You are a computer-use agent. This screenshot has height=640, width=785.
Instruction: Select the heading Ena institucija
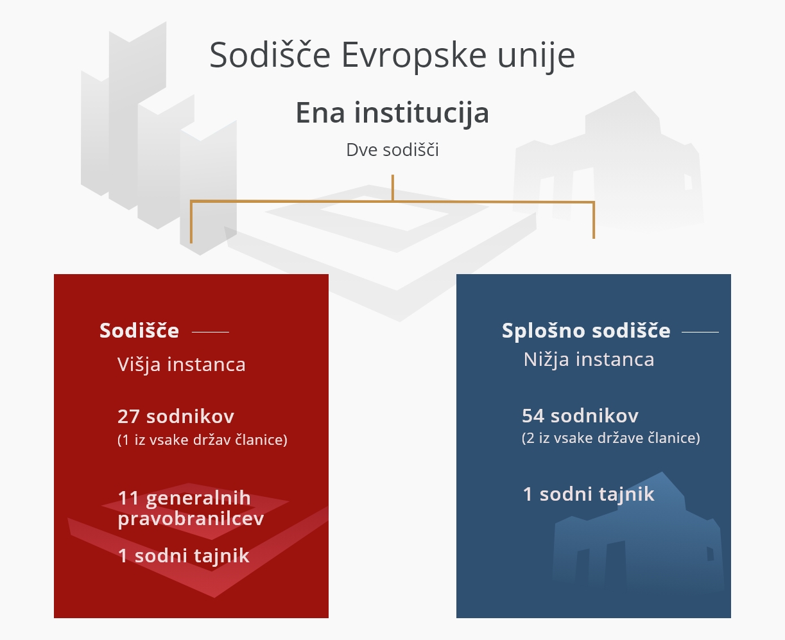392,113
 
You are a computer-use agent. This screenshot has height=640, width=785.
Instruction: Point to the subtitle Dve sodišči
392,150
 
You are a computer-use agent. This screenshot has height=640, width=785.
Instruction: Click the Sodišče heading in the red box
139,331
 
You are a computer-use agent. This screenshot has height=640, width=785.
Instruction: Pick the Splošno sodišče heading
586,331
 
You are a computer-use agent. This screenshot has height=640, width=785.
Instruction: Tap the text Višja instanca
182,365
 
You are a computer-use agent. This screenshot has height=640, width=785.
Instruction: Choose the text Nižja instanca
589,359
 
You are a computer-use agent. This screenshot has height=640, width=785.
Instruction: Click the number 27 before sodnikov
128,416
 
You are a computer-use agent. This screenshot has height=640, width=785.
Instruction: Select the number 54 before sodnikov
533,415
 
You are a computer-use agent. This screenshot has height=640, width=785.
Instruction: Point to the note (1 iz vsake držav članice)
202,440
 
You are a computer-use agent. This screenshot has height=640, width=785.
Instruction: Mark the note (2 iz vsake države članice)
610,438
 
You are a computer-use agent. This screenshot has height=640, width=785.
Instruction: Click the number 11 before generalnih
128,498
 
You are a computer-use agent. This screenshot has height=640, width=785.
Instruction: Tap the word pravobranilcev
191,519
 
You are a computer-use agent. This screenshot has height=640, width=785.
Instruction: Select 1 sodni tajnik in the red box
184,555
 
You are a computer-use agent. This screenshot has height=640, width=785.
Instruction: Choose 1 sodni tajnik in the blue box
589,494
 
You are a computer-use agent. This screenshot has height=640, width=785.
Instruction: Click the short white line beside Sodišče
211,332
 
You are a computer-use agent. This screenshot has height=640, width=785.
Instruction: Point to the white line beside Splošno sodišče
700,332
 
